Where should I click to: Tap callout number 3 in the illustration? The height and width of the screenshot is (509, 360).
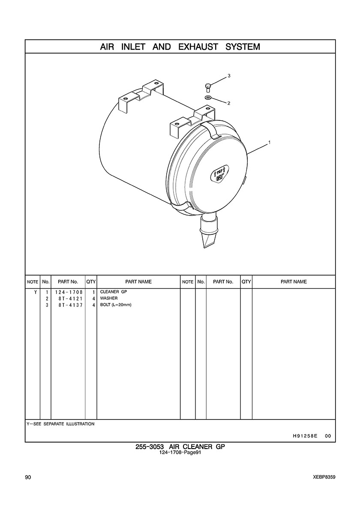point(229,76)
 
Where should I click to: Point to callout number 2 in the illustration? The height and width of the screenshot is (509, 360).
point(229,103)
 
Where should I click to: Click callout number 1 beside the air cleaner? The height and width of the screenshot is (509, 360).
point(270,142)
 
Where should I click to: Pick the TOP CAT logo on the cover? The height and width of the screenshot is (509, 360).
point(220,173)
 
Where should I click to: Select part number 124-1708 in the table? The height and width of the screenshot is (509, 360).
point(69,292)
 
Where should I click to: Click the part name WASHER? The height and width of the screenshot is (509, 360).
point(109,298)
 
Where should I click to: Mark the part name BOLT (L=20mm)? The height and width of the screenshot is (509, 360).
point(116,305)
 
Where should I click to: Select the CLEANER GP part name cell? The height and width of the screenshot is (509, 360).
point(113,291)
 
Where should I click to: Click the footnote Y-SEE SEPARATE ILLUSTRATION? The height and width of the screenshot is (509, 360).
point(60,424)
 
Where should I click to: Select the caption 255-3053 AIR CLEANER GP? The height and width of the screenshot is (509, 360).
point(180,447)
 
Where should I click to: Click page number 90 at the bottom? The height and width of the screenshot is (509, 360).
point(27,477)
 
